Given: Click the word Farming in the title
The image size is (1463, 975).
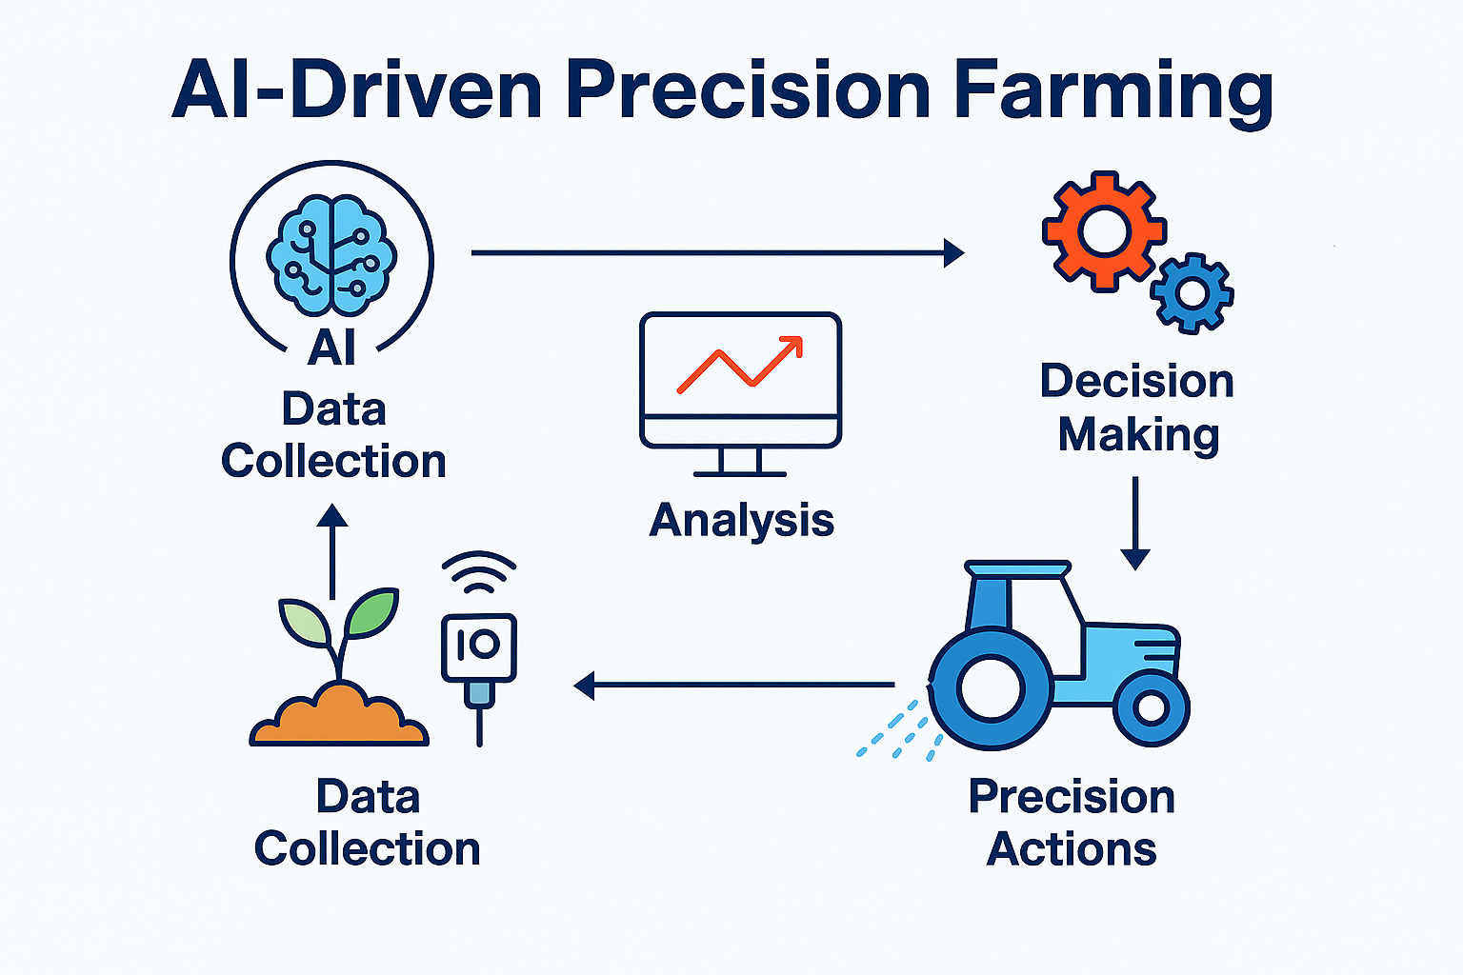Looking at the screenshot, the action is click(x=1113, y=91).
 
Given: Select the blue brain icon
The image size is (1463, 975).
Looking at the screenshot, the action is click(x=331, y=255).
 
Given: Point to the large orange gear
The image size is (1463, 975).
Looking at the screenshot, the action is click(x=1104, y=230).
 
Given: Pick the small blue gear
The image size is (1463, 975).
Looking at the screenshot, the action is click(x=1192, y=293).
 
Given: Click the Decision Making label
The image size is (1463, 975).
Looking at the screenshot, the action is click(x=1137, y=408).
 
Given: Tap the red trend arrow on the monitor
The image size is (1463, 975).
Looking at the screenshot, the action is click(x=740, y=365).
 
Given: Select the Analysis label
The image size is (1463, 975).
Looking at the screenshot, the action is click(x=741, y=521).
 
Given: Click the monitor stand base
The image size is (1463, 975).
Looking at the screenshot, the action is click(x=740, y=473).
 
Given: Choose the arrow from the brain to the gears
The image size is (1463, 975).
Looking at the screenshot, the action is click(x=718, y=252).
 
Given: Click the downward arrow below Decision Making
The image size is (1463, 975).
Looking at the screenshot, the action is click(x=1135, y=523).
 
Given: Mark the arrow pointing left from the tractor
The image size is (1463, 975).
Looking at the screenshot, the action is click(x=733, y=685).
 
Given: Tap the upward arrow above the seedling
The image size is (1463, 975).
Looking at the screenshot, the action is click(x=332, y=551).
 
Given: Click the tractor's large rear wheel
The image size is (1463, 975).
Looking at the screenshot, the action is click(x=991, y=688).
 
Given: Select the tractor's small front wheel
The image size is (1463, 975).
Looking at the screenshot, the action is click(x=1151, y=708).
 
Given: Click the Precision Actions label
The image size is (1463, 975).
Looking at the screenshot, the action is click(x=1072, y=823).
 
